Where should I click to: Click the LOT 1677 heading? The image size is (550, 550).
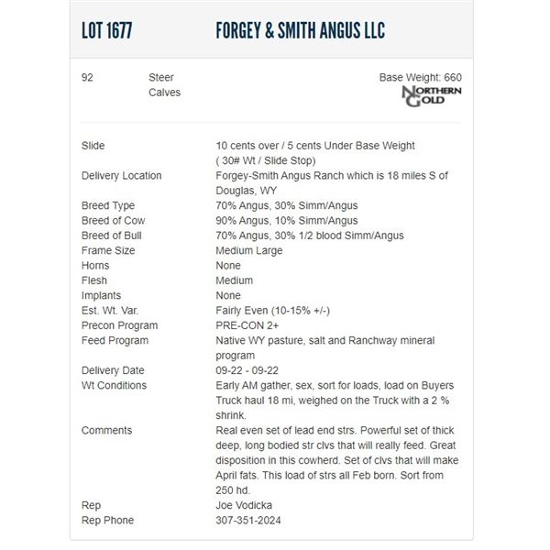tap(106, 30)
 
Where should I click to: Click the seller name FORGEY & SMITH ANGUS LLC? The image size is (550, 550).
tap(300, 30)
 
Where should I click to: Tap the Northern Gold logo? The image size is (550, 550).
tap(433, 96)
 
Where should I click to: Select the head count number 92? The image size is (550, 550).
tap(87, 78)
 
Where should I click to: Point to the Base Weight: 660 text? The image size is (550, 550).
tap(420, 78)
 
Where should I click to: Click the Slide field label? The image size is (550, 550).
tap(93, 146)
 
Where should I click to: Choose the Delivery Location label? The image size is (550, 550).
tap(121, 176)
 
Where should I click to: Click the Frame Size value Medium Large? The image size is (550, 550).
tap(248, 250)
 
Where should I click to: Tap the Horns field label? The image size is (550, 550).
tap(95, 266)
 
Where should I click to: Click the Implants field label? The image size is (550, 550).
tap(101, 295)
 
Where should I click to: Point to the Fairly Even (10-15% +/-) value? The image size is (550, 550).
tap(273, 311)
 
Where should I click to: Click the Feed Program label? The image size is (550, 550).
tap(115, 340)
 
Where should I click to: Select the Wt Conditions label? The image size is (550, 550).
tap(114, 385)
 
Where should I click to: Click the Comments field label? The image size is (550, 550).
tap(106, 430)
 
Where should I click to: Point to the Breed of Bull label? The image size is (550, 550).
tap(113, 236)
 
